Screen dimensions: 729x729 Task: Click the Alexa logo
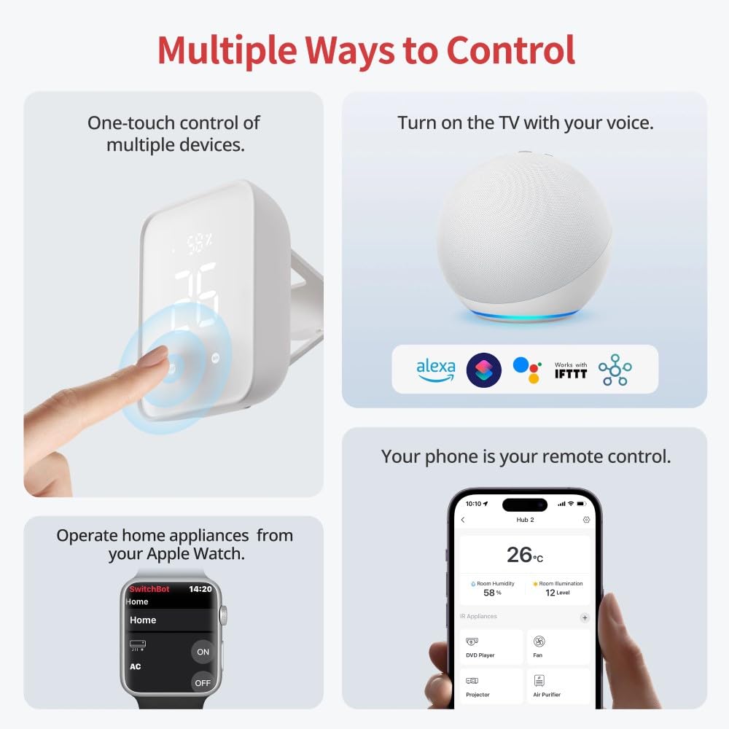(436, 370)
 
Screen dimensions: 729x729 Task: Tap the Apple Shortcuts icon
(483, 370)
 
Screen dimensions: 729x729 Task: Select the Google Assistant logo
(526, 370)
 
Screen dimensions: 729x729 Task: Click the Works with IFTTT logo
(570, 370)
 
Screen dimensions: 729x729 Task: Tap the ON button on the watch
(203, 652)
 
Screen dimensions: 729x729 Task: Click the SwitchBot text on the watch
(149, 589)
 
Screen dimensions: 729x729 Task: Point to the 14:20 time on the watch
(200, 589)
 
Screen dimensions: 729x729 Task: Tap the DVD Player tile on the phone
(490, 647)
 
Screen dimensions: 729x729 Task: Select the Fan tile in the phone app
(558, 647)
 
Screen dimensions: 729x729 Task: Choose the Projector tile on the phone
(490, 686)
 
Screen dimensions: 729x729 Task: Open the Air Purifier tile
(558, 686)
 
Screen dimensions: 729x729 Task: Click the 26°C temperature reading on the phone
(524, 555)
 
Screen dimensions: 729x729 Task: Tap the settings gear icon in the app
(586, 520)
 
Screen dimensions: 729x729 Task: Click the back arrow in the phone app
(463, 520)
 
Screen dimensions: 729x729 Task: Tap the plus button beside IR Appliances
(584, 617)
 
